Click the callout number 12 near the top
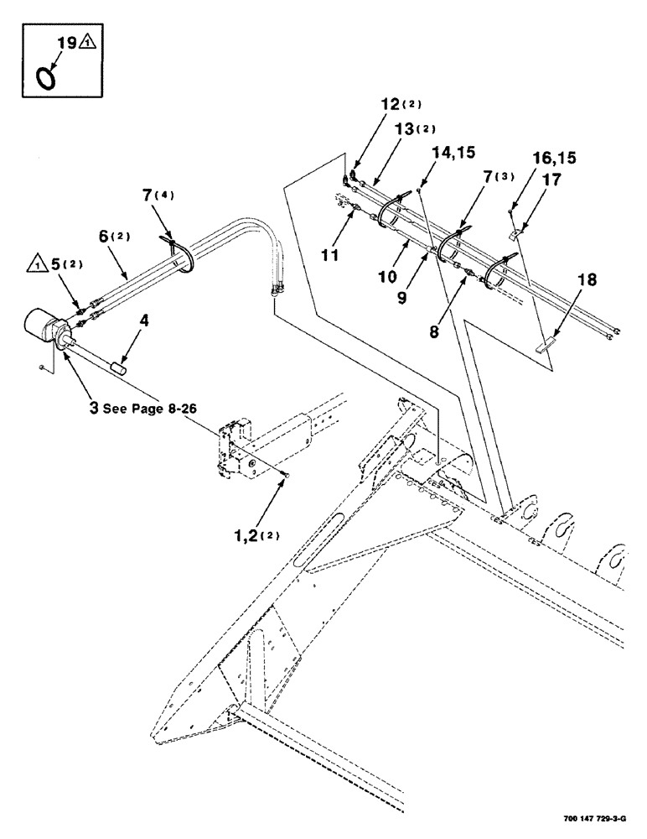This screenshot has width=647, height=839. [x=391, y=105]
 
